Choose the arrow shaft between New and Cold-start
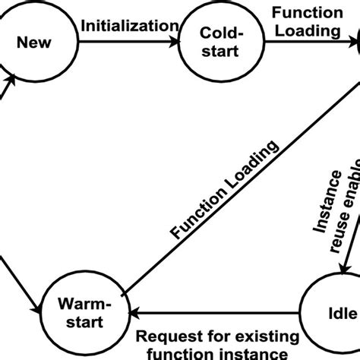pyautogui.click(x=122, y=43)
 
